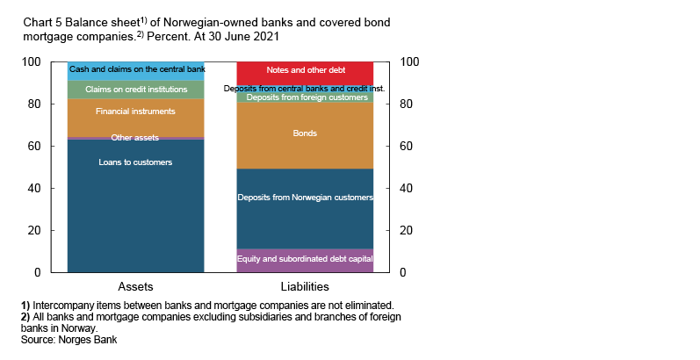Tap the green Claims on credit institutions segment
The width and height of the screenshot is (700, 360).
135,90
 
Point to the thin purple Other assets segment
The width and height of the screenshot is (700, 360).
135,138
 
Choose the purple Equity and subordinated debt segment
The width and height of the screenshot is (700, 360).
305,259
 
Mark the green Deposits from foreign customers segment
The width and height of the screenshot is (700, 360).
305,97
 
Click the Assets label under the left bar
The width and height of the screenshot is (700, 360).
135,287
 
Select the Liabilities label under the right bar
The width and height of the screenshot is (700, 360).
305,287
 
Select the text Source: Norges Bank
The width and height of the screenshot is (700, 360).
69,340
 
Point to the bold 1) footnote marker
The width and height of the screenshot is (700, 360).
26,306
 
